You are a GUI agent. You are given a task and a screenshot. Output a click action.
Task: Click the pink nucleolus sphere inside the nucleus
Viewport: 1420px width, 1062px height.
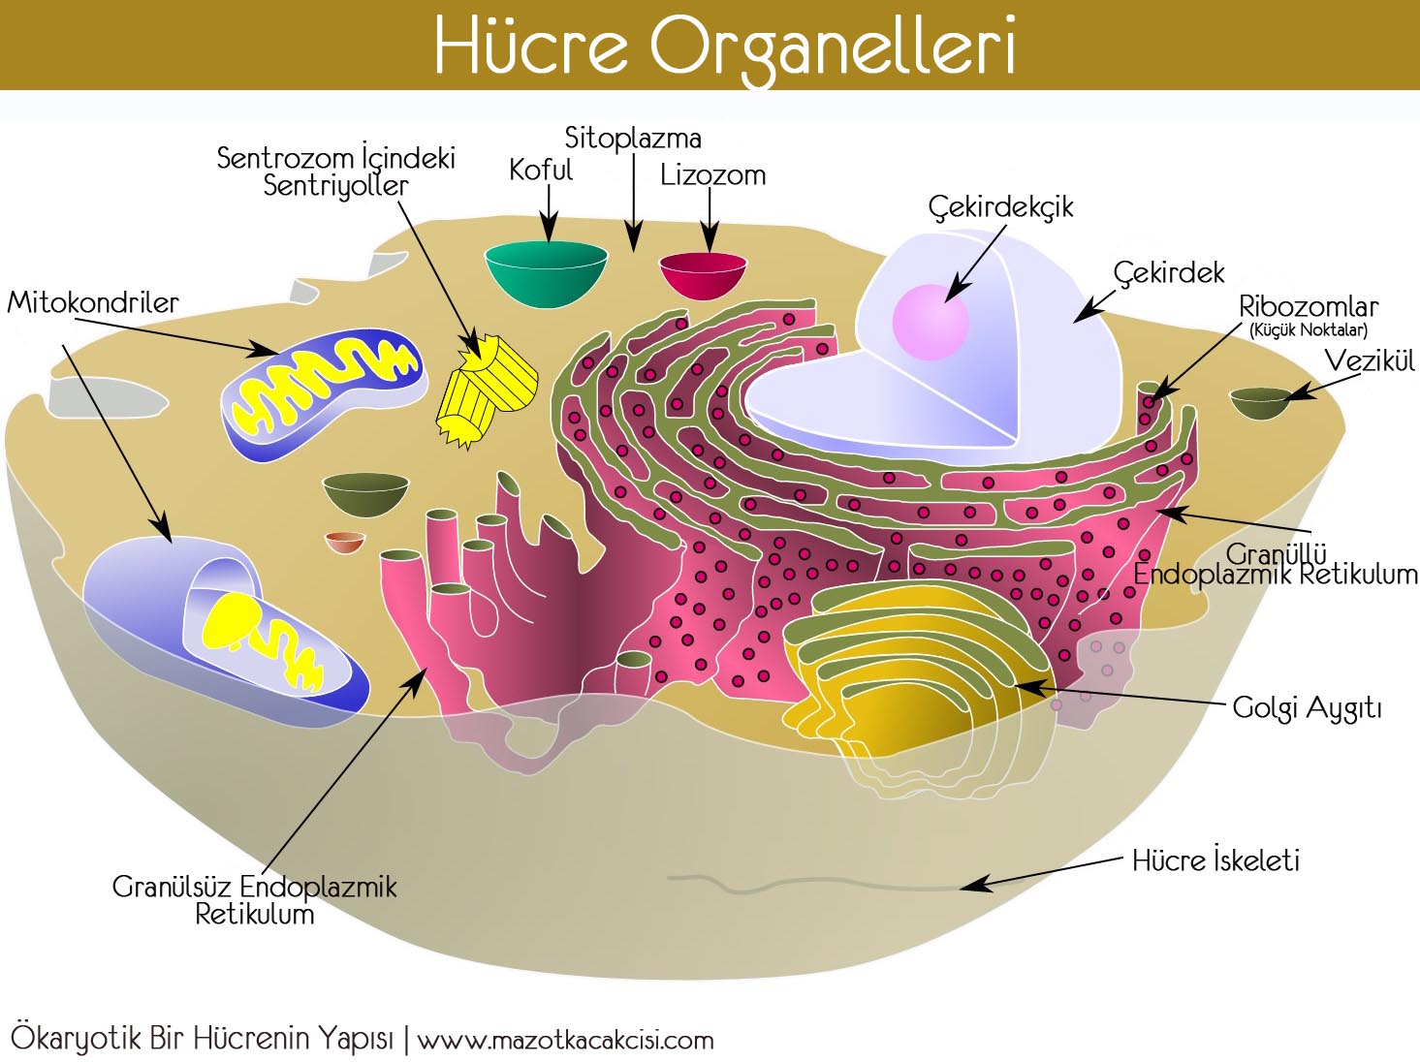pos(931,321)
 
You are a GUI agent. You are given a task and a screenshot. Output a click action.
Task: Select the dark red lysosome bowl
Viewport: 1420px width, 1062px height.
pos(703,274)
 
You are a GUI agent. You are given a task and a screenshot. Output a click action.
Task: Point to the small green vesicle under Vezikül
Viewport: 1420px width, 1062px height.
pos(1260,403)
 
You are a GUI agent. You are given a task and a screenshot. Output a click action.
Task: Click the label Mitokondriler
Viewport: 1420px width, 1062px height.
pos(93,302)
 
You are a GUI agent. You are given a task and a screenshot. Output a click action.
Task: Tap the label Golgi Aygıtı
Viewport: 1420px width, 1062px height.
pos(1307,707)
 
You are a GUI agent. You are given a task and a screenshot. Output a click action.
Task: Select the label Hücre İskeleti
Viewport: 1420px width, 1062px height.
pos(1215,860)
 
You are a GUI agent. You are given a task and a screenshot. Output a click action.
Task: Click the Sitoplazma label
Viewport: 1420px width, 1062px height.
pos(633,138)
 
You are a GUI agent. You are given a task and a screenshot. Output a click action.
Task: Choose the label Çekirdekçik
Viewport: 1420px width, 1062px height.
pos(1000,207)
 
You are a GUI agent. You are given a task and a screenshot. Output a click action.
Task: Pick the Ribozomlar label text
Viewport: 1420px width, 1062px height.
pos(1309,307)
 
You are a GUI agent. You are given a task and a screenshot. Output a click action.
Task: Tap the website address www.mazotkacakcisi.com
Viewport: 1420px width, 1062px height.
pos(565,1041)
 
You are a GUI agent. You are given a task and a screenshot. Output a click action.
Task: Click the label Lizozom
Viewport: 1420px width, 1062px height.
pos(712,175)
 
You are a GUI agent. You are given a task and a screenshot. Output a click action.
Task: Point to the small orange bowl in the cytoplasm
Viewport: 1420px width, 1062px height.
pos(344,542)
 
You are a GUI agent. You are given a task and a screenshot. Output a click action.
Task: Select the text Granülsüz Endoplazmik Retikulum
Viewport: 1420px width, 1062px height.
pos(254,900)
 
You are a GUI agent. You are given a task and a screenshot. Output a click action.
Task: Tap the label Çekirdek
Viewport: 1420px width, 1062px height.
pos(1169,273)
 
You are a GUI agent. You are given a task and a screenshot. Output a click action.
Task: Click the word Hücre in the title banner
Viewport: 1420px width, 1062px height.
pos(531,47)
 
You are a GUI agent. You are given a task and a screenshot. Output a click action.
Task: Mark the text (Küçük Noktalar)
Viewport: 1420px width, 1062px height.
pos(1309,330)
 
